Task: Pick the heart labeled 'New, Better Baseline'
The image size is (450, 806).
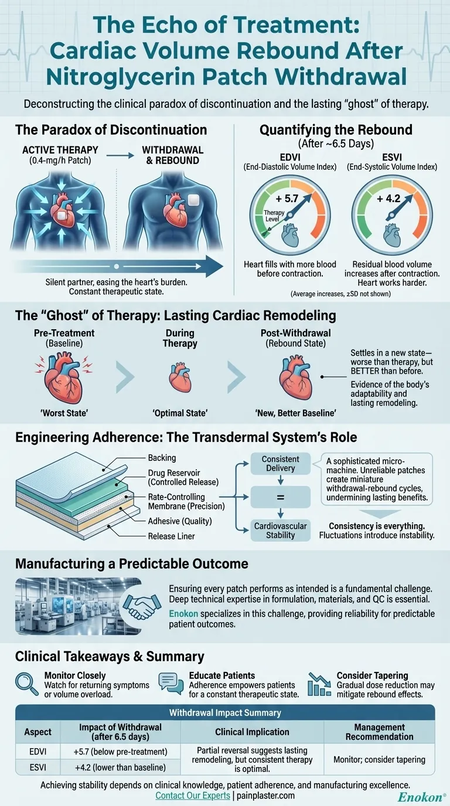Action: (x=295, y=380)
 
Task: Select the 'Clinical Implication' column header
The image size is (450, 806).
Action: (x=252, y=732)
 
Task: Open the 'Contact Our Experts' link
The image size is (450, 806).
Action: (x=193, y=796)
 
